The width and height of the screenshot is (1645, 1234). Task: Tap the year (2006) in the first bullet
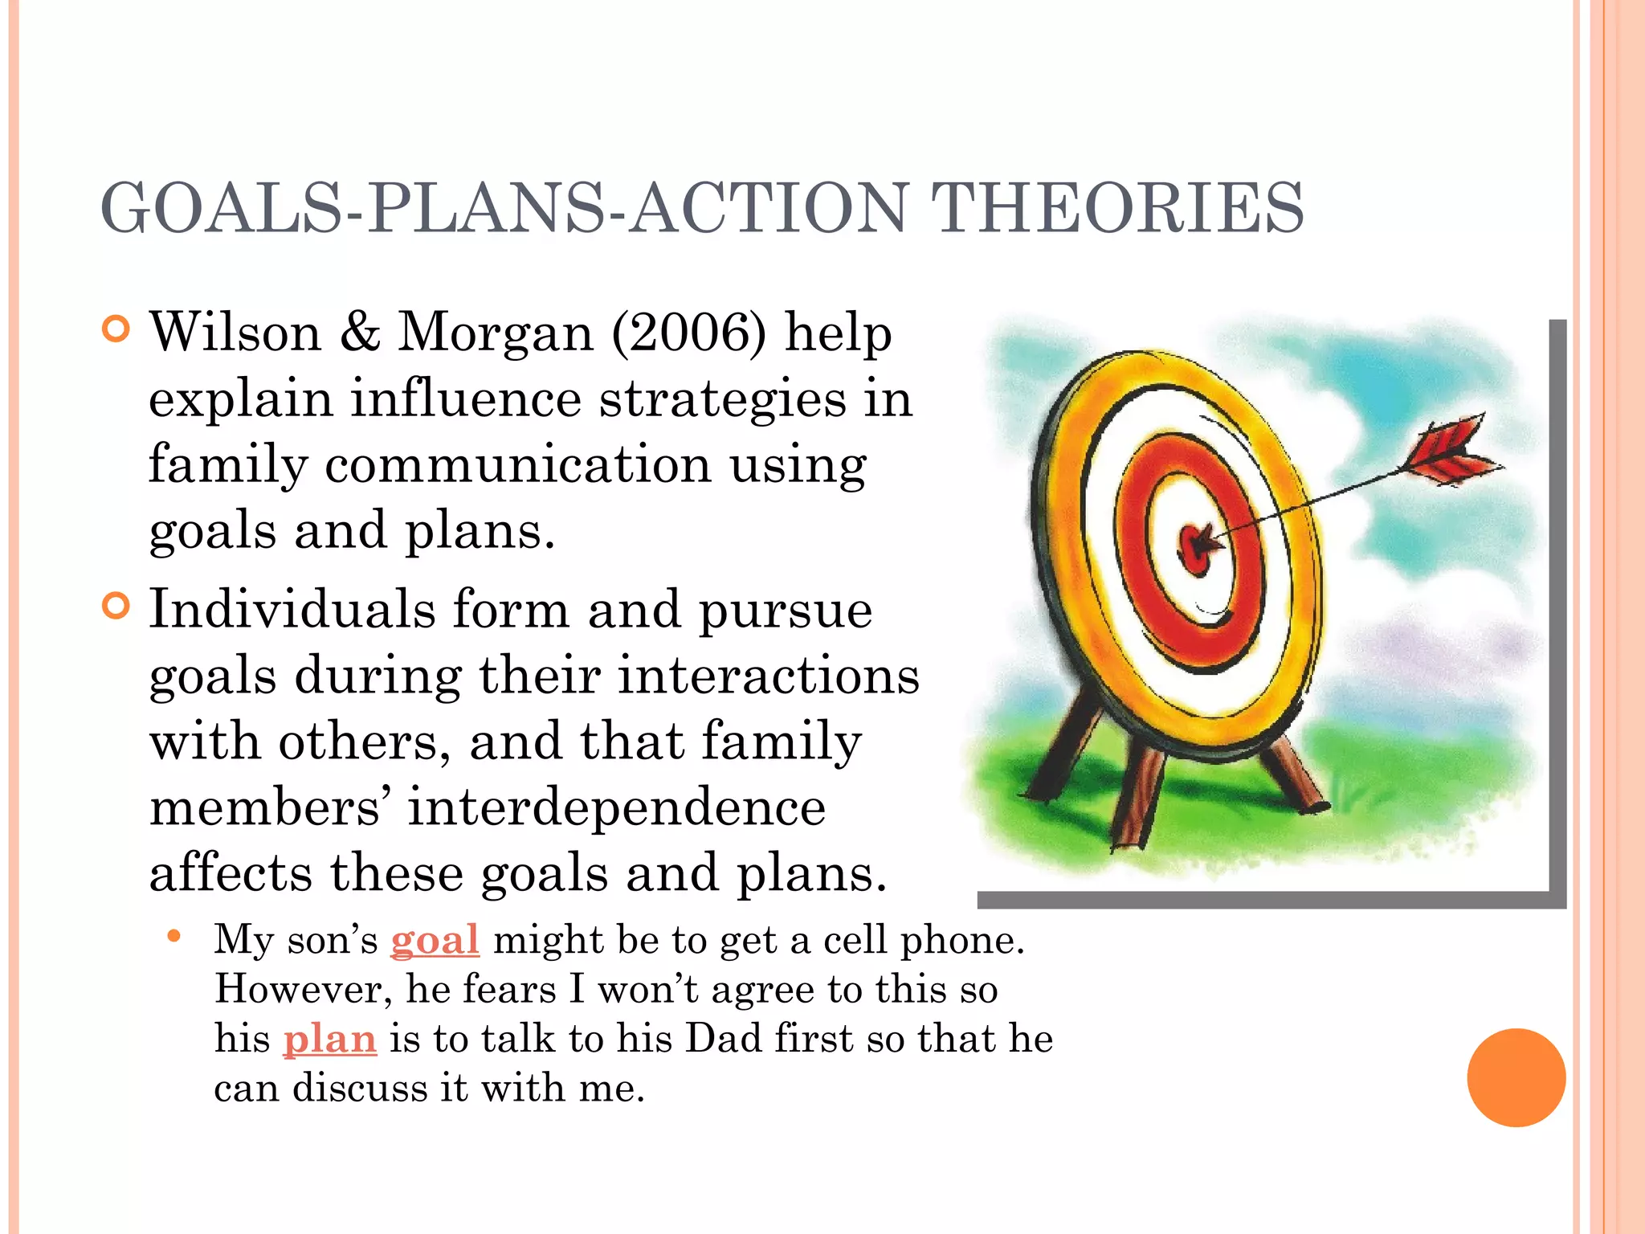click(x=689, y=333)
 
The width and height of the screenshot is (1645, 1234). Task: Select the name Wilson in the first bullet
click(x=235, y=333)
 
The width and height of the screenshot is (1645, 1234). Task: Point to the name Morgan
click(x=496, y=333)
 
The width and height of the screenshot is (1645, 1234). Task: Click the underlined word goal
click(x=435, y=940)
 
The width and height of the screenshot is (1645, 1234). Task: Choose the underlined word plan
click(x=329, y=1039)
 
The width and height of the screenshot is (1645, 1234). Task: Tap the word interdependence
click(x=616, y=807)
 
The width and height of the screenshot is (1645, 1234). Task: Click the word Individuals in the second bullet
click(x=292, y=609)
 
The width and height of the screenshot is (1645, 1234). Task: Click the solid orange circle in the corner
click(x=1516, y=1077)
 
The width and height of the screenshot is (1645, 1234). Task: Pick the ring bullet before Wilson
click(x=116, y=329)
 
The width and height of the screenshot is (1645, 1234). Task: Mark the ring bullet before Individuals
click(x=116, y=606)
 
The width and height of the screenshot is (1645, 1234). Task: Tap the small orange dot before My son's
click(x=173, y=936)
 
